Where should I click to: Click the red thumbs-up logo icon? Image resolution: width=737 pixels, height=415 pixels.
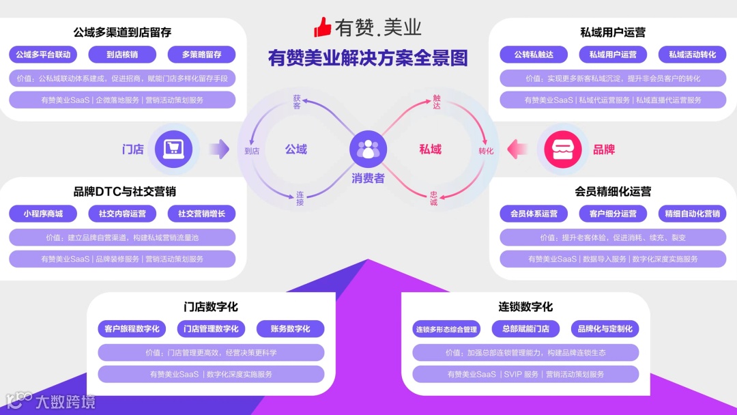[323, 27]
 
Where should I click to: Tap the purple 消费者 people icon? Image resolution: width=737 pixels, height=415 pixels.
[369, 149]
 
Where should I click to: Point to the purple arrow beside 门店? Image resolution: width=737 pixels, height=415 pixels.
[218, 149]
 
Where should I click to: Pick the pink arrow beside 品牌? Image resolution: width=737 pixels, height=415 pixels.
[518, 149]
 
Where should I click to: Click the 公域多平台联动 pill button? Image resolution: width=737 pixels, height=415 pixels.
[43, 55]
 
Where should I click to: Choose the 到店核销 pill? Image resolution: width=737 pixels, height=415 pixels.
[122, 55]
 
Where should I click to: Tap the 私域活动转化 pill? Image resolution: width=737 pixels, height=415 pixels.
[692, 55]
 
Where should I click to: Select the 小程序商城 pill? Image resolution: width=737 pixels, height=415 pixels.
[43, 214]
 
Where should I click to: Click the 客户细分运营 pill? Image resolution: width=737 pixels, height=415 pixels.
[613, 214]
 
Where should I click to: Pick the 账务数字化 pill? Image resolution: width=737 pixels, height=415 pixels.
[290, 329]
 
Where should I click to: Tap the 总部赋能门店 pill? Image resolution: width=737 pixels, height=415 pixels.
[525, 329]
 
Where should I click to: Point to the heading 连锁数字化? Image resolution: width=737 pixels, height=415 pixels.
[525, 306]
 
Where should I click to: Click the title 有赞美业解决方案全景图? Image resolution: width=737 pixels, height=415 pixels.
[369, 58]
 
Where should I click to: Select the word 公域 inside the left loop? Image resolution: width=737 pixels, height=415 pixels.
[296, 149]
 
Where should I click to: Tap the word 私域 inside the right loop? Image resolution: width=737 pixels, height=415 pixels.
[430, 149]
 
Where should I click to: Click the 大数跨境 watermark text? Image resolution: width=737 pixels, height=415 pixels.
[66, 402]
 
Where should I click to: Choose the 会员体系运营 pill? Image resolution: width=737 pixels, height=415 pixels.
[534, 214]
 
